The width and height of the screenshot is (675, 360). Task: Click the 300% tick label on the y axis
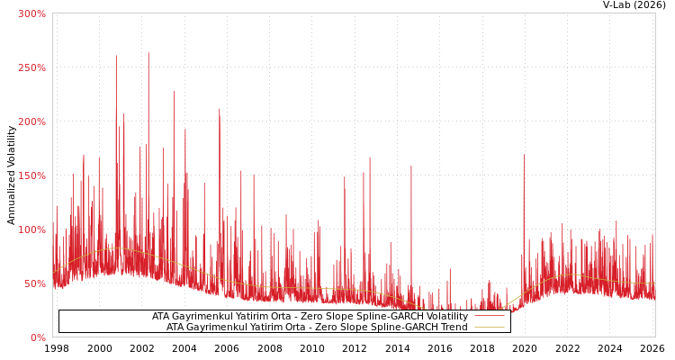tap(31, 13)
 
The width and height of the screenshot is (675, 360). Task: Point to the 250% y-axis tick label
tap(31, 67)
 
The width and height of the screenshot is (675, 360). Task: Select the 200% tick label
tap(31, 121)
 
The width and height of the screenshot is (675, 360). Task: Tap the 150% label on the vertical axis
tap(31, 175)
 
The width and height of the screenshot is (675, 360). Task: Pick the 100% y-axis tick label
tap(31, 229)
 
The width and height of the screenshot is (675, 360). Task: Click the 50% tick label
tap(34, 283)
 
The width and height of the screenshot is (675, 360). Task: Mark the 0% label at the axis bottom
tap(38, 337)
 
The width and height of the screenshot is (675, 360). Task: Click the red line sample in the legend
tap(489, 316)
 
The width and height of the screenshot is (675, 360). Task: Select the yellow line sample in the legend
tap(489, 327)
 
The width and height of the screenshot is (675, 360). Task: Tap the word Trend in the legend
tap(453, 327)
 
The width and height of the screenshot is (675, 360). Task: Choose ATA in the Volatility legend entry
tap(162, 316)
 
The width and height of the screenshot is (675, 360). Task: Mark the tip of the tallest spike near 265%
tap(148, 52)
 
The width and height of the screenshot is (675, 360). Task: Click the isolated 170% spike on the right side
tap(524, 155)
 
